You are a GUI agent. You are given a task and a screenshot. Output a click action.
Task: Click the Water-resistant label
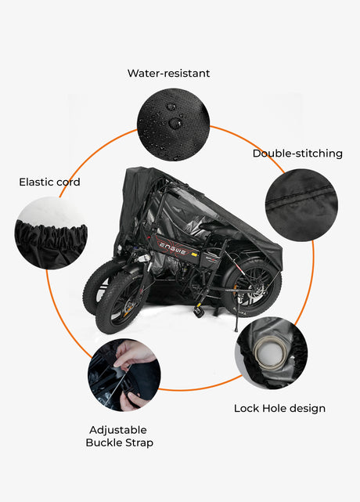[x=168, y=74]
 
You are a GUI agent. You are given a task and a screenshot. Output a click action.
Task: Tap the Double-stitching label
[x=297, y=153]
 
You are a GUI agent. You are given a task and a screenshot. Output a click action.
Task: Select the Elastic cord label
[x=49, y=182]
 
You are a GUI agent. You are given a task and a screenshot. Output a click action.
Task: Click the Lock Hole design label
[x=279, y=409]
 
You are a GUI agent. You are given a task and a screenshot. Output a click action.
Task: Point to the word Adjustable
[x=118, y=430]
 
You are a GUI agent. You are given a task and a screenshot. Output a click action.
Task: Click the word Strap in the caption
[x=139, y=443]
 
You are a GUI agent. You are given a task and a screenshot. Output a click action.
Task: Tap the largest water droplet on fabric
[x=175, y=123]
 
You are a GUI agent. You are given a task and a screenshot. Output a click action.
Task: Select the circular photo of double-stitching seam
[x=301, y=205]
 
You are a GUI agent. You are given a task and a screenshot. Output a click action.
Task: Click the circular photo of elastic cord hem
[x=51, y=233]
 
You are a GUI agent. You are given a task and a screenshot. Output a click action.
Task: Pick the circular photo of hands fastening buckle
[x=124, y=375]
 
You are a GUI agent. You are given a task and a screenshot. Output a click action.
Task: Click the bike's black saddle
[x=217, y=229]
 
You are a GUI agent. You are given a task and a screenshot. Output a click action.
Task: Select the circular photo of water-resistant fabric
[x=174, y=125]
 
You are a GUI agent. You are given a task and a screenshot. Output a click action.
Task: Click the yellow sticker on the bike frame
[x=193, y=254]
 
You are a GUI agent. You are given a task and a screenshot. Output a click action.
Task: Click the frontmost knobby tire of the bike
[x=121, y=302]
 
